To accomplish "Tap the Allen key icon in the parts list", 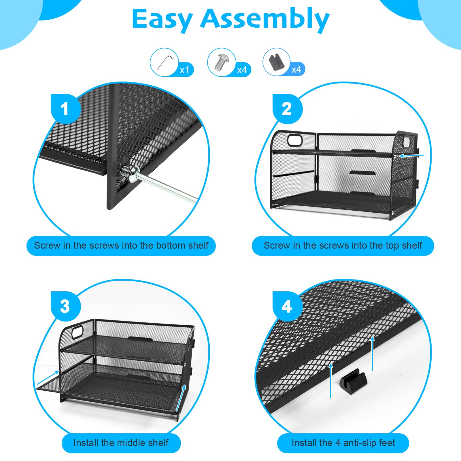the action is [165, 62].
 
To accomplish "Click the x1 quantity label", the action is [184, 70].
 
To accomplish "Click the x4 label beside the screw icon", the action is [242, 70].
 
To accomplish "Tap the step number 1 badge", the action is [65, 109].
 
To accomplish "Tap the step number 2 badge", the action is [287, 109].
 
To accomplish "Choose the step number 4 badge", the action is [287, 306].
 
